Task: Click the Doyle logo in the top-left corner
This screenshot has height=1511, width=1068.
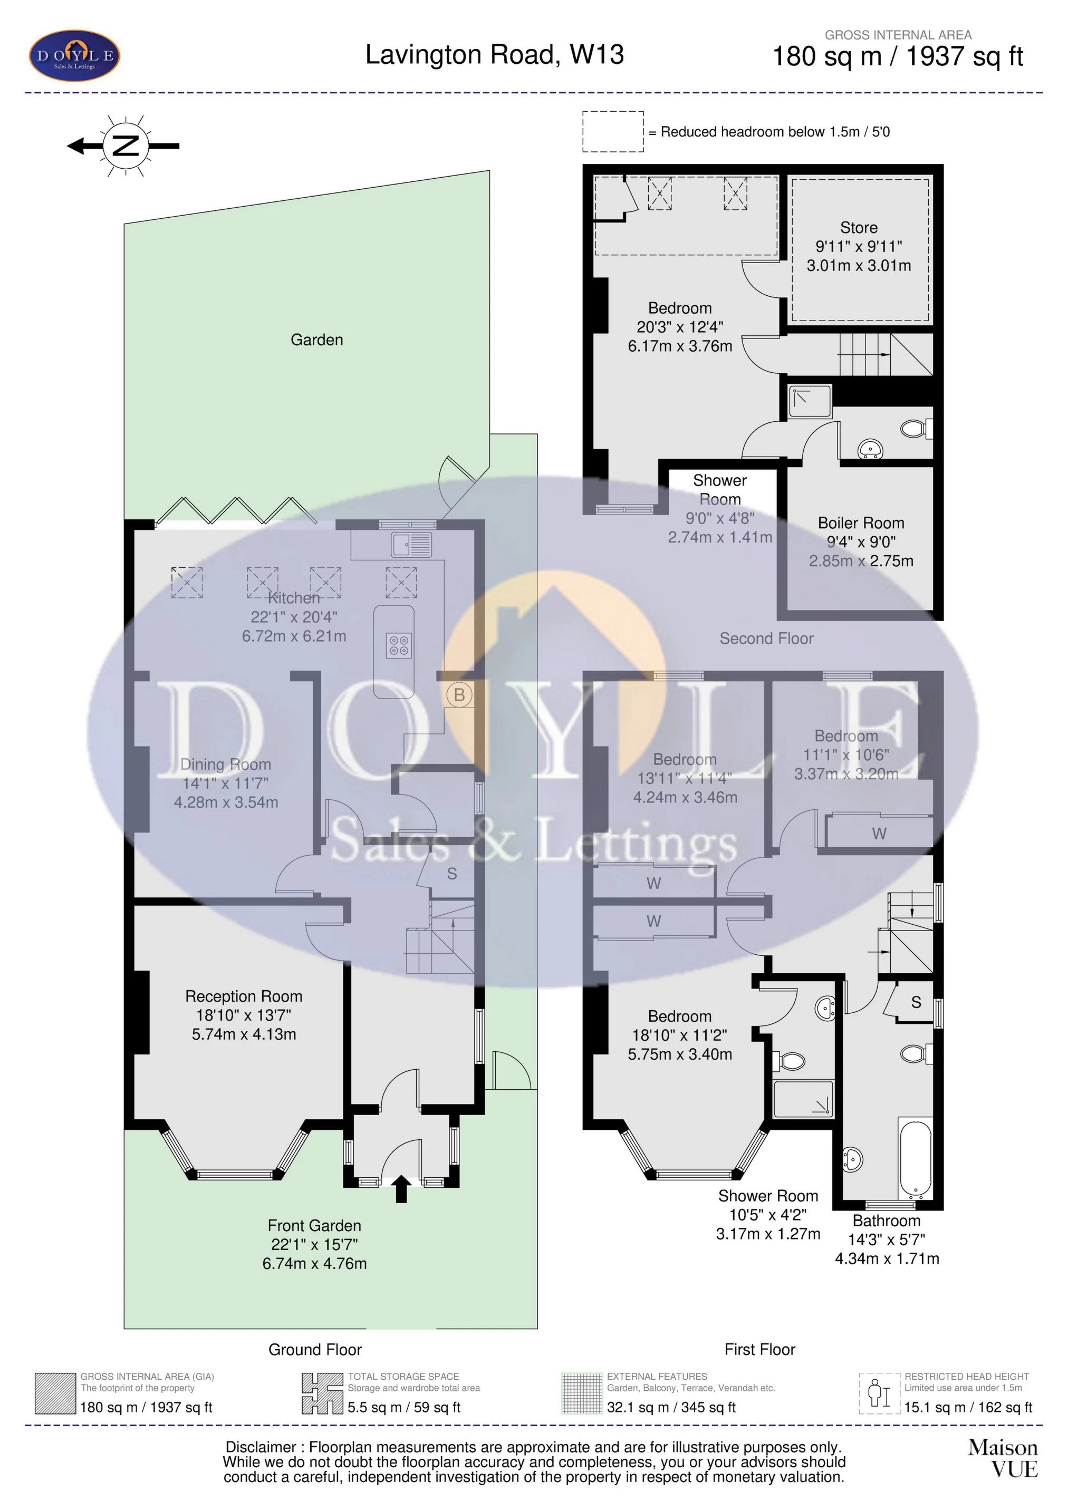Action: [x=74, y=55]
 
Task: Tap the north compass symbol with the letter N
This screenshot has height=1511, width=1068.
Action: [x=124, y=146]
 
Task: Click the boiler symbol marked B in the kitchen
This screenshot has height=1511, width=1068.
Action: [x=459, y=694]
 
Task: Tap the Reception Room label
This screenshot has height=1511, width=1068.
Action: [x=244, y=996]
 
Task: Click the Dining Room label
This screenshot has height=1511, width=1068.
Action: [x=226, y=764]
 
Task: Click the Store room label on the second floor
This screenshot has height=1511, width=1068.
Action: [x=859, y=228]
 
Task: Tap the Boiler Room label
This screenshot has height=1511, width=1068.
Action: [x=861, y=523]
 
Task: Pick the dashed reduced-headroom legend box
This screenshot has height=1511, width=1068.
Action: [x=612, y=132]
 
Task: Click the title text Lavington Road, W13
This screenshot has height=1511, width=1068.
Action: [x=495, y=55]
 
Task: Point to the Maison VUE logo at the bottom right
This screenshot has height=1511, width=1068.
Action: [x=1002, y=1458]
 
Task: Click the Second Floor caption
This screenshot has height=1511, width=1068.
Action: [x=766, y=638]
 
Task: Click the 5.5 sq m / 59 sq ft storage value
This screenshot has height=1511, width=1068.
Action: [x=403, y=1407]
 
